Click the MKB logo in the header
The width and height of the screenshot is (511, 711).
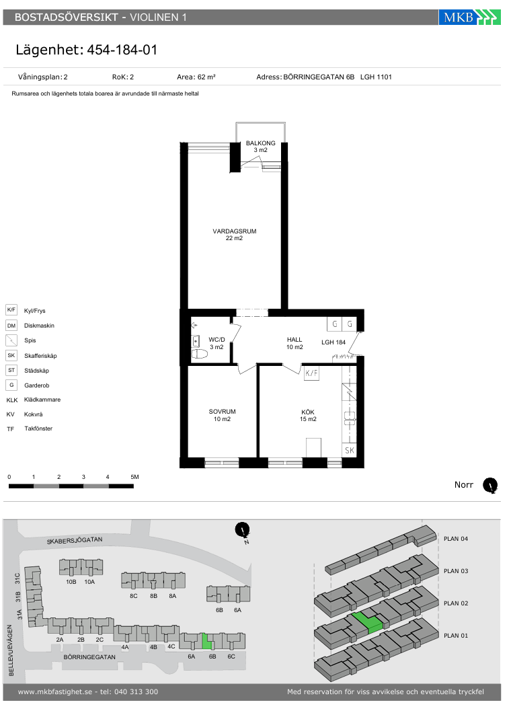pyautogui.click(x=469, y=17)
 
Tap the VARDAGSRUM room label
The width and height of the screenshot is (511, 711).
pyautogui.click(x=235, y=231)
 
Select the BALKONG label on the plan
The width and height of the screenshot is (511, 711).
pyautogui.click(x=260, y=143)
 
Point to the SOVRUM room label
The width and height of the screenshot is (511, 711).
pyautogui.click(x=222, y=412)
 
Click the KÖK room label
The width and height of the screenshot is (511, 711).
pyautogui.click(x=308, y=412)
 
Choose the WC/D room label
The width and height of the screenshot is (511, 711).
pyautogui.click(x=217, y=340)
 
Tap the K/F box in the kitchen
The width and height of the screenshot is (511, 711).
pyautogui.click(x=311, y=373)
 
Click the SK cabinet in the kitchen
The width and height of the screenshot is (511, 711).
pyautogui.click(x=349, y=450)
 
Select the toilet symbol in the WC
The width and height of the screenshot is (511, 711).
pyautogui.click(x=200, y=354)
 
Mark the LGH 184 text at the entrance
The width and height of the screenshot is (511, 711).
pyautogui.click(x=333, y=342)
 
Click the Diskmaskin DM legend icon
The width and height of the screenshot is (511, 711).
pyautogui.click(x=11, y=326)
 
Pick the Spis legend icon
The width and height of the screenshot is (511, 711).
pyautogui.click(x=11, y=340)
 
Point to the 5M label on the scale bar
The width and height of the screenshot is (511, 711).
pyautogui.click(x=134, y=477)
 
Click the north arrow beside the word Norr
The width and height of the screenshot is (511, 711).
pyautogui.click(x=490, y=486)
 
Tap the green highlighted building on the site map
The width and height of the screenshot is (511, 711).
pyautogui.click(x=207, y=641)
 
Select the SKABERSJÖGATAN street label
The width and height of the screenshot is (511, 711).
pyautogui.click(x=75, y=540)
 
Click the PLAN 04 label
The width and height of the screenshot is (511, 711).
pyautogui.click(x=456, y=539)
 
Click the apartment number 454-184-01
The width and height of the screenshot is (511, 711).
pyautogui.click(x=122, y=50)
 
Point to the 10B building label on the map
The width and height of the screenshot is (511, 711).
pyautogui.click(x=71, y=582)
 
